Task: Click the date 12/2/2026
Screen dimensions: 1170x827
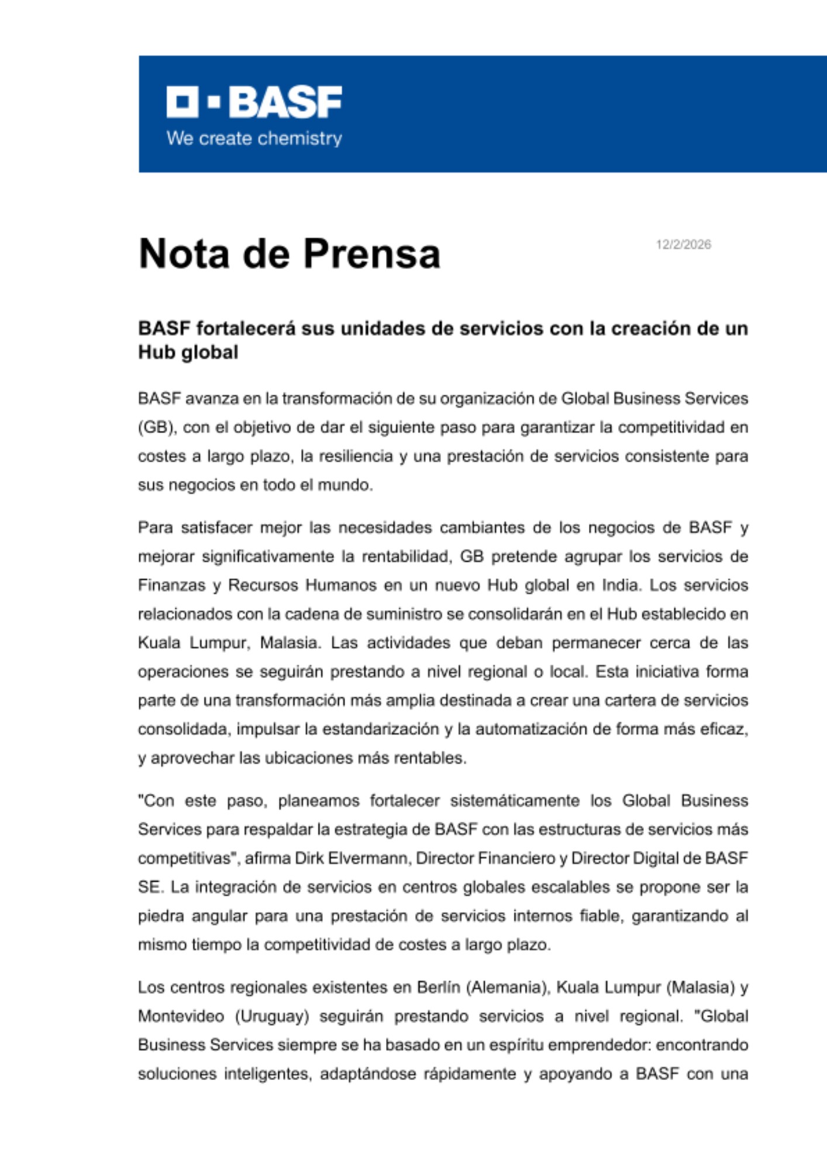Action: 683,245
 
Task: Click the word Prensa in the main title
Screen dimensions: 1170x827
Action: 371,254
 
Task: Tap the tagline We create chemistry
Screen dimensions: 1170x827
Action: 254,139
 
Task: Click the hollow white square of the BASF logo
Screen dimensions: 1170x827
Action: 182,102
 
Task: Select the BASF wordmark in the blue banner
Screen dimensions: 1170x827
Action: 285,102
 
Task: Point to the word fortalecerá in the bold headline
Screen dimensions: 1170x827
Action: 246,329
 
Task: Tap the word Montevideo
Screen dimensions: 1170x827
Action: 181,1016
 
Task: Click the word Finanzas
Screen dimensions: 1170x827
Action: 172,585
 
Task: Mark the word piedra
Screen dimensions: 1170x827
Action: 157,916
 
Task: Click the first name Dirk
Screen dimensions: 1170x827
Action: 308,858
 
